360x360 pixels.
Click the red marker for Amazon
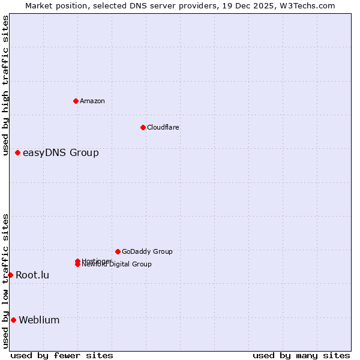point(76,101)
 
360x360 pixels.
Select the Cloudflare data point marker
point(143,127)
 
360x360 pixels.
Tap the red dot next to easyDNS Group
point(17,152)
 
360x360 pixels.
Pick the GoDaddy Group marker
point(118,251)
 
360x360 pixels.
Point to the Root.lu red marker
point(10,275)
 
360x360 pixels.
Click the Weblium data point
point(13,320)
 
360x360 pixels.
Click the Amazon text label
point(92,101)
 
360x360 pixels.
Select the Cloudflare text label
point(163,127)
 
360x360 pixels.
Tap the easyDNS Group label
point(61,152)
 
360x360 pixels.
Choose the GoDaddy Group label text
point(147,251)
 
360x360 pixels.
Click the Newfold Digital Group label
point(117,264)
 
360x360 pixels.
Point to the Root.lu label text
point(32,275)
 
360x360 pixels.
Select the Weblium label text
point(39,320)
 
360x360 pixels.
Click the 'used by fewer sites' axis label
point(62,355)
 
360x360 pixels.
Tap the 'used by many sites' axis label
point(301,355)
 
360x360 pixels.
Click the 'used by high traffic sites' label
point(5,85)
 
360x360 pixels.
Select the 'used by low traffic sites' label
point(5,281)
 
